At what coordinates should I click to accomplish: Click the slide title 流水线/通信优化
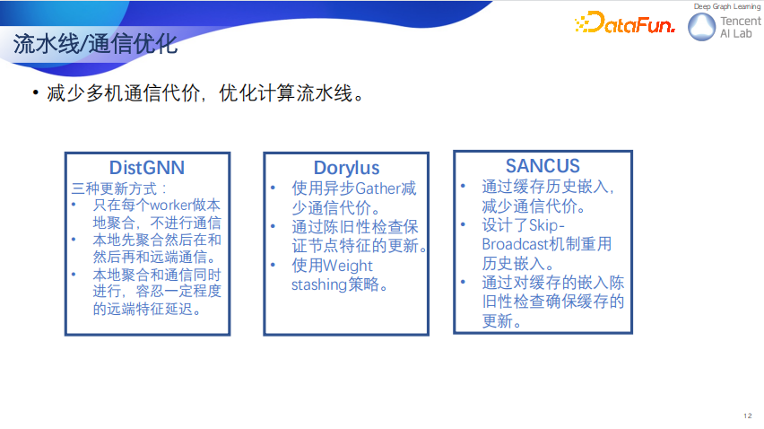click(95, 44)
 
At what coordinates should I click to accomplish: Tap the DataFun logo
click(625, 23)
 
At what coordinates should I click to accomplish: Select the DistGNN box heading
click(147, 168)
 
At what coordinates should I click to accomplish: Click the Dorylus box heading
click(346, 168)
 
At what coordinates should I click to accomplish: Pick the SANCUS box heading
click(543, 166)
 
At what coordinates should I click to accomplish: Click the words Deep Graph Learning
click(727, 6)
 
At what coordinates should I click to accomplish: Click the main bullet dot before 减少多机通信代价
click(35, 93)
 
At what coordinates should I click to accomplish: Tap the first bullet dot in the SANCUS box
click(463, 187)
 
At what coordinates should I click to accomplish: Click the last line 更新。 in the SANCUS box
click(502, 320)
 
